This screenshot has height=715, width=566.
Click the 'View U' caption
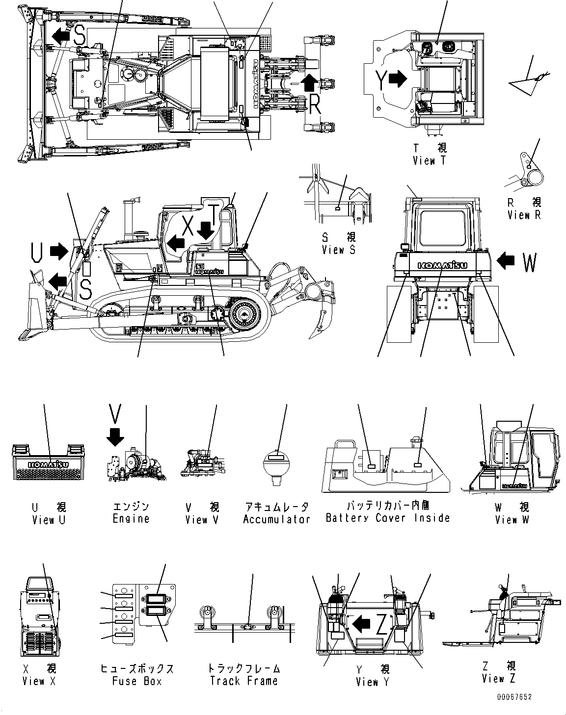[48, 520]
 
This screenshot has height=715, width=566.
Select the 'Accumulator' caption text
[276, 519]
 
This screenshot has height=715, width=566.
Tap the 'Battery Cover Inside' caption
[388, 517]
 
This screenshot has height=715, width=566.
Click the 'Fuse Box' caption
[137, 681]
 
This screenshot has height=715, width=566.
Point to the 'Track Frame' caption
[243, 681]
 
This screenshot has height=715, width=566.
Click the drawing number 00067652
[513, 697]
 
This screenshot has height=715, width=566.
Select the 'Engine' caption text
[131, 518]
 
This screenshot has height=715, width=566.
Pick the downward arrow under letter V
[115, 436]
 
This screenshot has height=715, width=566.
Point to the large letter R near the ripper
[315, 104]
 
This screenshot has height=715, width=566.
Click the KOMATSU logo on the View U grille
[48, 464]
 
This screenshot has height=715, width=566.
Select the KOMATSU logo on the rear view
[442, 265]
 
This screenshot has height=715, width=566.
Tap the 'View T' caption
[430, 160]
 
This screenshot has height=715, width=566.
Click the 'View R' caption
[524, 215]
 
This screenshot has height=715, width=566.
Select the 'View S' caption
[338, 250]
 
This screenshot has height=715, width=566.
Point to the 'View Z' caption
[499, 679]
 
